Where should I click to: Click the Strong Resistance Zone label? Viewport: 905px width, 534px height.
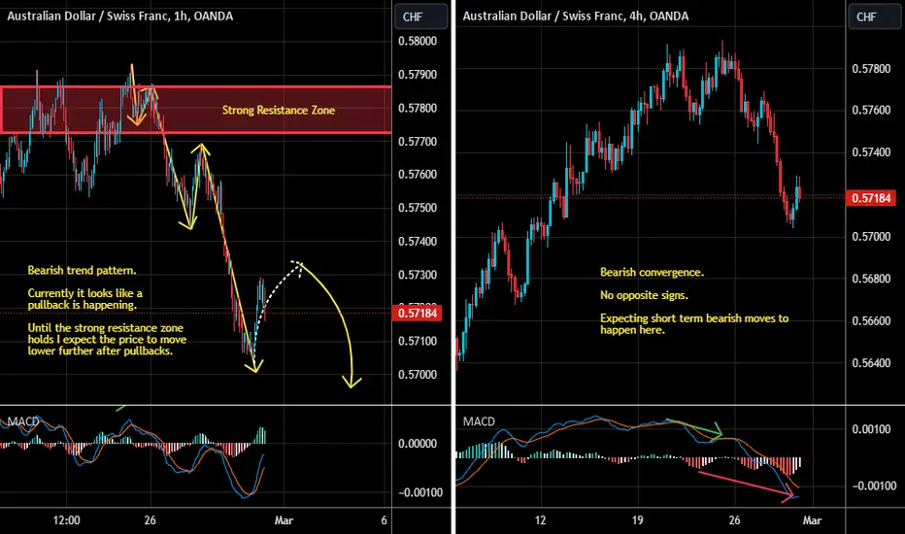278,111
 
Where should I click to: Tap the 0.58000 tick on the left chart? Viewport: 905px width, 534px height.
418,41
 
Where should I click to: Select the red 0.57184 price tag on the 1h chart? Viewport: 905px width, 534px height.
418,313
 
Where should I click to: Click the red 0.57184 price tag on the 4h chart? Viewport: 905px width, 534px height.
872,198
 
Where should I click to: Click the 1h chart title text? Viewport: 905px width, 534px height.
120,17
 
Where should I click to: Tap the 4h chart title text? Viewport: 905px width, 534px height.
576,17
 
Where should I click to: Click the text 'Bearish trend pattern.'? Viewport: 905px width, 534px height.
82,270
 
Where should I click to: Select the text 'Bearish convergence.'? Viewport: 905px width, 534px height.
653,272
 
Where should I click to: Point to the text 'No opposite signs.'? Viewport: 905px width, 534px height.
644,295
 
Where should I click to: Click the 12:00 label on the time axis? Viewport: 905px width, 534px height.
66,520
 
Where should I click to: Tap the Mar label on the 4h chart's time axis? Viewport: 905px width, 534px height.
812,520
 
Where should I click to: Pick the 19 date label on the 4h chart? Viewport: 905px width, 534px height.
637,520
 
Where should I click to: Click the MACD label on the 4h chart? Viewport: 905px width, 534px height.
479,421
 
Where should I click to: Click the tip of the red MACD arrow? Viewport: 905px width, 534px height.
794,495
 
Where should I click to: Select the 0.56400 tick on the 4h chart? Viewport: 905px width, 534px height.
872,363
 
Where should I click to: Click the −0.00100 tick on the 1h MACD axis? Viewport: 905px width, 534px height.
419,492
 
